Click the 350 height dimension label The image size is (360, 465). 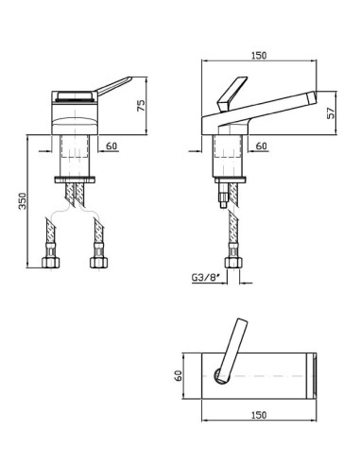pos(23,200)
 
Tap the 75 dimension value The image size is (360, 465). pos(142,105)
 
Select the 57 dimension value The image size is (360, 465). pos(331,113)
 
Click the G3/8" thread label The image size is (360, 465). pos(205,278)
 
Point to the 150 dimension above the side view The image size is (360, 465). pos(259,56)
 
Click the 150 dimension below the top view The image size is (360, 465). pos(259,415)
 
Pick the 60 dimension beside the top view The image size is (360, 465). pos(179,376)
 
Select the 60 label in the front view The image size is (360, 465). pos(111,146)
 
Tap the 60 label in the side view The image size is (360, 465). pos(261,146)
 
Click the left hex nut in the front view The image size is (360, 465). pos(51,262)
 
